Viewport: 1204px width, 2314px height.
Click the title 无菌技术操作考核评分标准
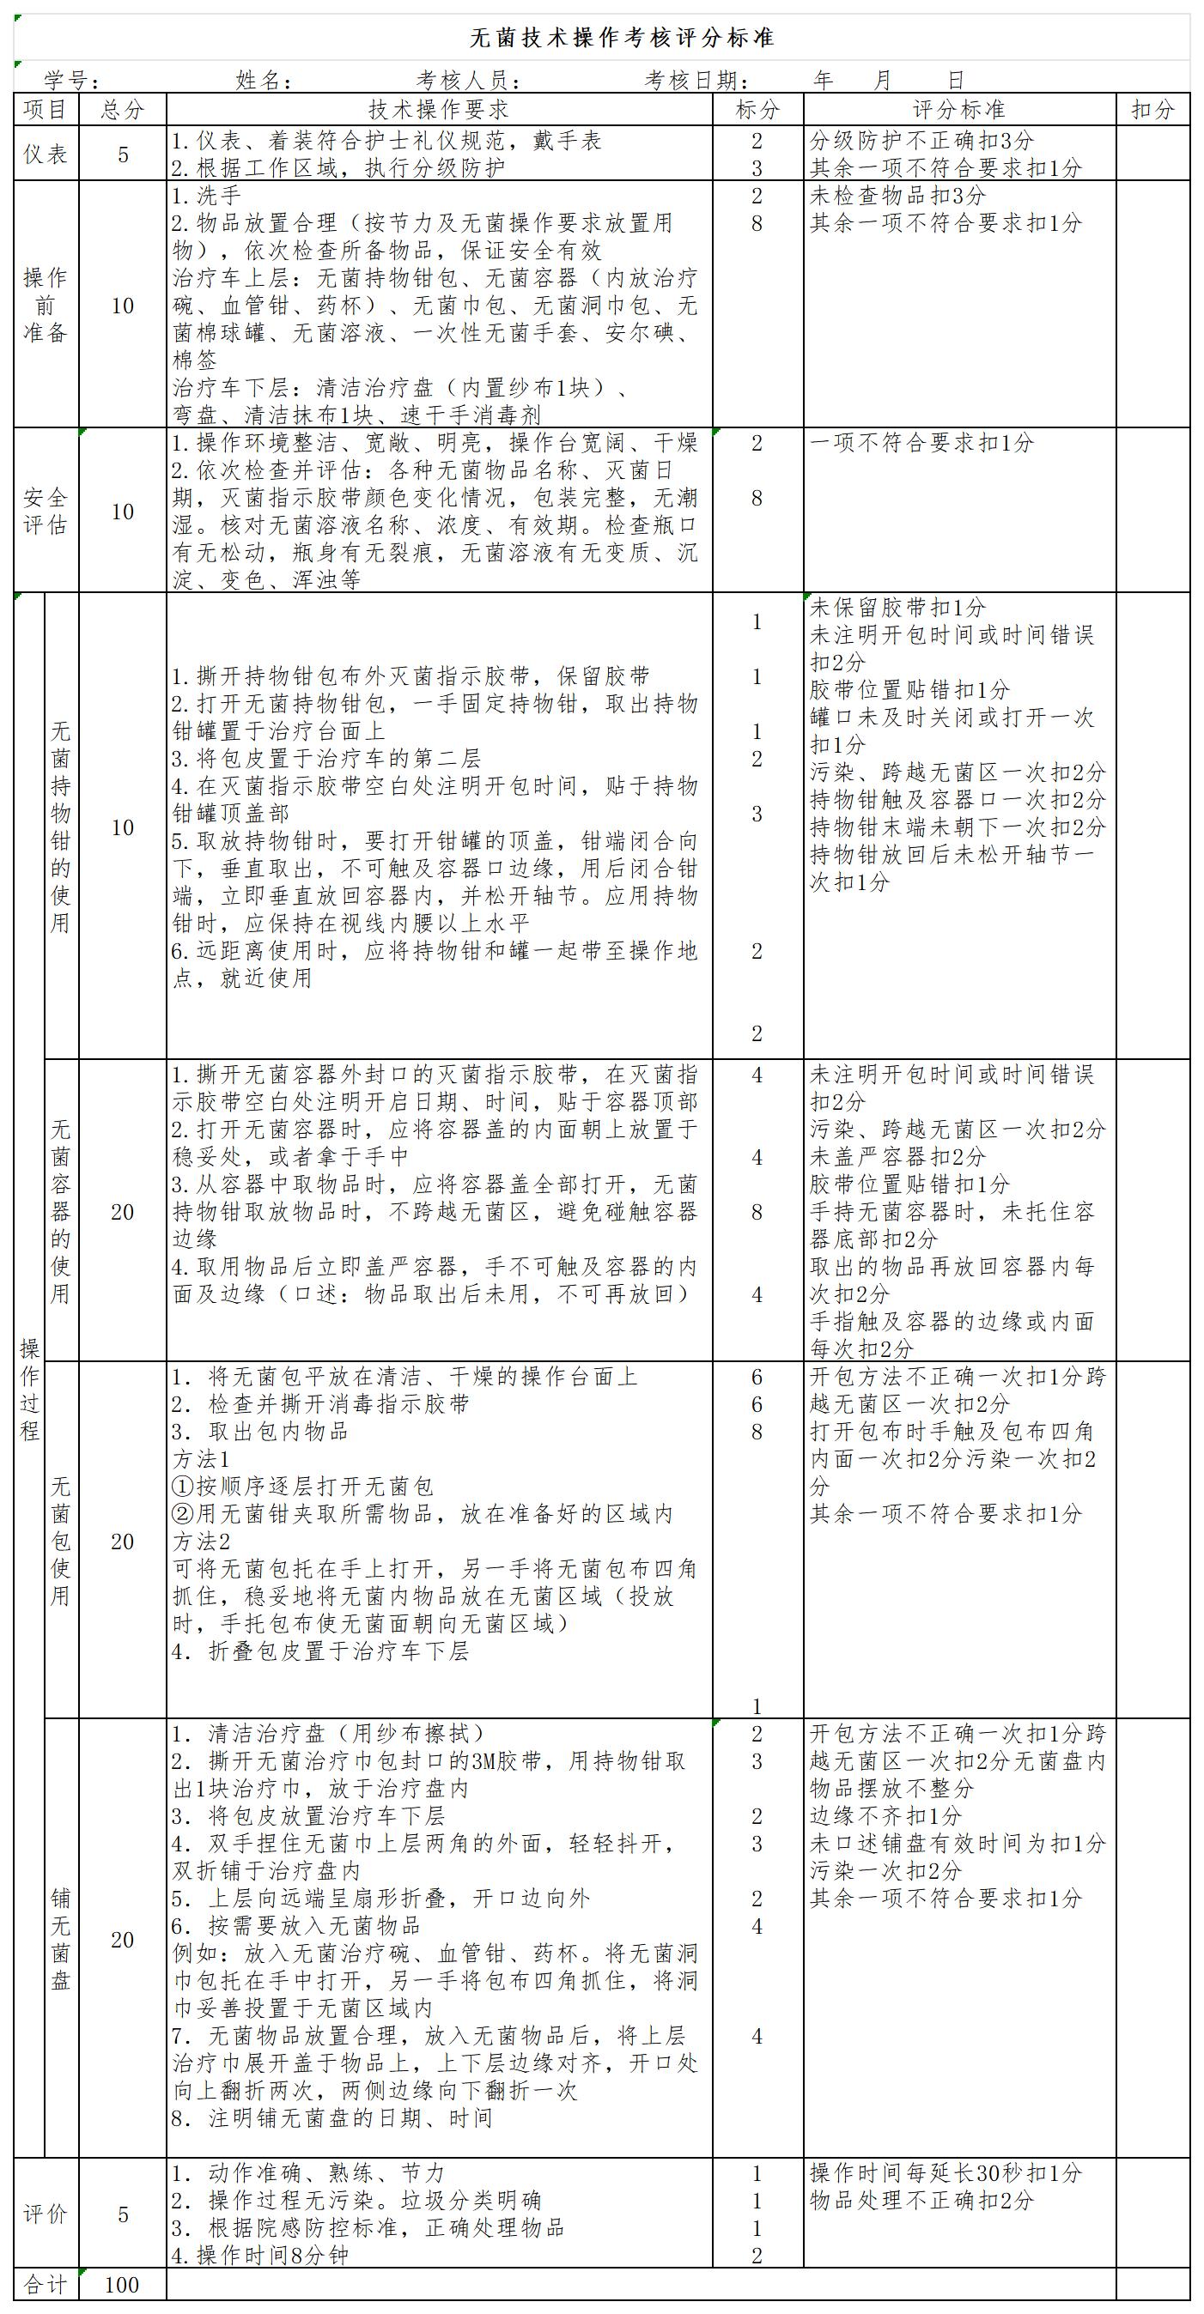point(622,38)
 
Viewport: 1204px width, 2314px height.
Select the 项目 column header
point(46,110)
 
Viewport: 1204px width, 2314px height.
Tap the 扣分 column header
point(1152,110)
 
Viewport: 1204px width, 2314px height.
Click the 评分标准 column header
point(958,110)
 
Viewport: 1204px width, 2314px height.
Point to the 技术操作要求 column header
point(439,110)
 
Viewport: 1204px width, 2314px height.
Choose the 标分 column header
point(757,110)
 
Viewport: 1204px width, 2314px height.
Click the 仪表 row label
point(46,154)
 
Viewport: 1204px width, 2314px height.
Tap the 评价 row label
point(46,2214)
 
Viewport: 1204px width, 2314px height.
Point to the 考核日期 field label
point(697,81)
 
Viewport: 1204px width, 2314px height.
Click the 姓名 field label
point(265,81)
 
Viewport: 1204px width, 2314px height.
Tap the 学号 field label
point(72,81)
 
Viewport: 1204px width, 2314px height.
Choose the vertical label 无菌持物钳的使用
point(60,827)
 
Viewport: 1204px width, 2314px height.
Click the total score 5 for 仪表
point(122,154)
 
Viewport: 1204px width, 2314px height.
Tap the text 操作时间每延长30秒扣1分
point(946,2173)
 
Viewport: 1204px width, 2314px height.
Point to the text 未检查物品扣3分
point(897,196)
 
